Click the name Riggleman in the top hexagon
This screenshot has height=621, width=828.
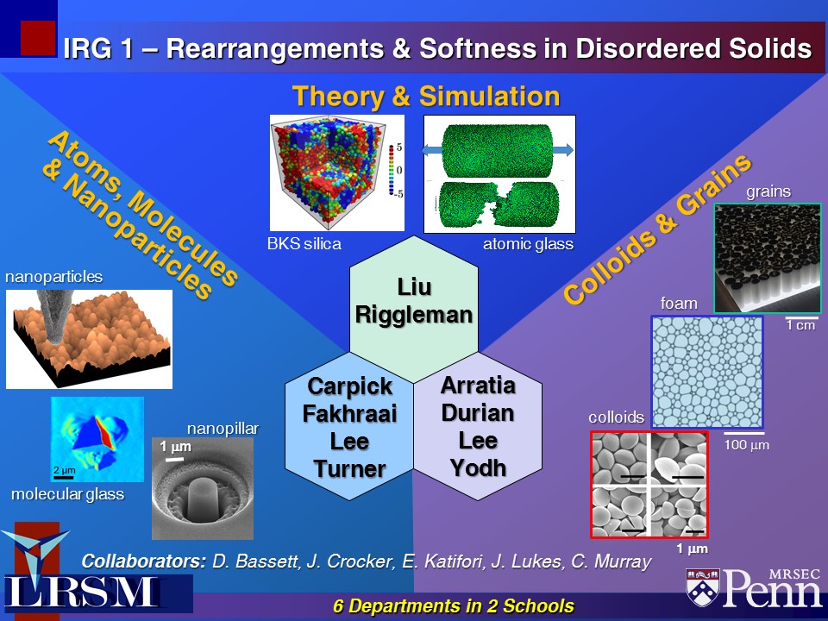tap(414, 315)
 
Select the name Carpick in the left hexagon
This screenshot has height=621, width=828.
tap(349, 386)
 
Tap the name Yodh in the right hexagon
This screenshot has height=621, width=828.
tap(478, 467)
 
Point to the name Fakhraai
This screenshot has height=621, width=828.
tap(349, 414)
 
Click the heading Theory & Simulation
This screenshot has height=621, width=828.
tap(426, 97)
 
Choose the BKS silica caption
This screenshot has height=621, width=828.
tap(304, 243)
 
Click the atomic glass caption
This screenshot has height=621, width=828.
tap(528, 244)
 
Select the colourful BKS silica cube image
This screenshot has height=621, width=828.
tap(337, 173)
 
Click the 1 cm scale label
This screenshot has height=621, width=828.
tap(800, 325)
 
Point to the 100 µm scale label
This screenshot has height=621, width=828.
tap(746, 445)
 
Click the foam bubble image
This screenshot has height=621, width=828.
tap(707, 372)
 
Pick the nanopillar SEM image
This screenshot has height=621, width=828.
tap(203, 488)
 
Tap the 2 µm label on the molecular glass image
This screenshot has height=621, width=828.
tap(65, 469)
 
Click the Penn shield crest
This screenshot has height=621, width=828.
tap(703, 586)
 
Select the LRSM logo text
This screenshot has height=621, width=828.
tap(83, 592)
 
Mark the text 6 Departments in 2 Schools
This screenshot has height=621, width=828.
tap(453, 605)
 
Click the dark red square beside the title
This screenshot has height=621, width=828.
tap(38, 38)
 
